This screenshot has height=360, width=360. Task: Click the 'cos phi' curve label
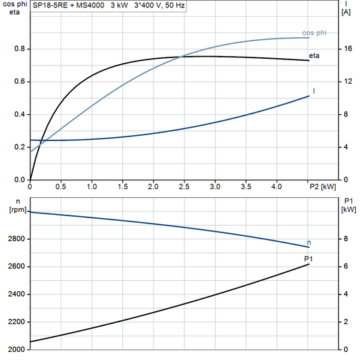[315, 32]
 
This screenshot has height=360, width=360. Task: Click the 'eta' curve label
[314, 55]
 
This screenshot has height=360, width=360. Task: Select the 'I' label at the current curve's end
[314, 91]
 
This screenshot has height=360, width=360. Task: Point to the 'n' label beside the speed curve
[309, 242]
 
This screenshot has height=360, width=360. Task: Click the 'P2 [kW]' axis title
[322, 186]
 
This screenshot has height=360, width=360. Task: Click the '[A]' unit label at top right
[345, 13]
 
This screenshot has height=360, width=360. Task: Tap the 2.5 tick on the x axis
[184, 186]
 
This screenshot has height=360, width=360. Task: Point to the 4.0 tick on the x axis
[277, 186]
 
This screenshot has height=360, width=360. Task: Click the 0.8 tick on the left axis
[20, 49]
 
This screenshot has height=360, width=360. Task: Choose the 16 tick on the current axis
[346, 49]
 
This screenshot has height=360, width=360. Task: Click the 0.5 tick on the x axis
[61, 186]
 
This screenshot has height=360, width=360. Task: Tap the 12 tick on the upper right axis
[346, 82]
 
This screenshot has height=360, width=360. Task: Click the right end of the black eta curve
[309, 61]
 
